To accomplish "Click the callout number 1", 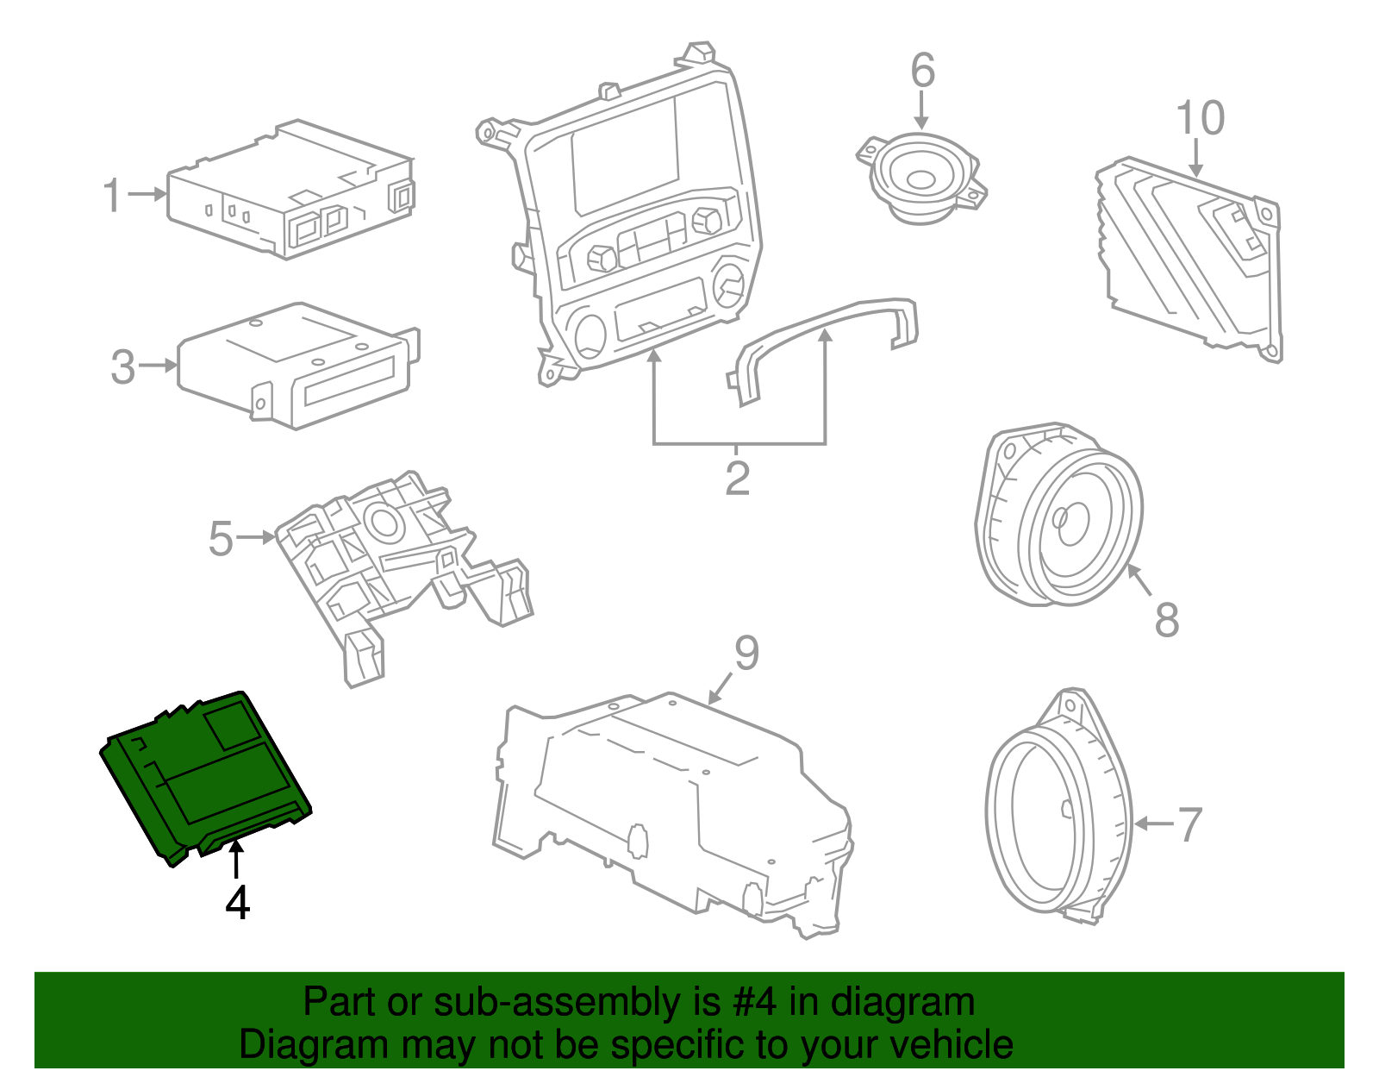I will [x=112, y=196].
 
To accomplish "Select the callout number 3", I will [x=123, y=367].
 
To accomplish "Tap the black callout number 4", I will [x=237, y=903].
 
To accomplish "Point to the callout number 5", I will [x=221, y=539].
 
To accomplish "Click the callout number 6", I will [x=922, y=71].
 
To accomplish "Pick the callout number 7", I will [x=1190, y=824].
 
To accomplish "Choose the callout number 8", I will [x=1167, y=619].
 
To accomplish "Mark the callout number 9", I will [x=746, y=653].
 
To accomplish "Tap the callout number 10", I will [x=1200, y=118].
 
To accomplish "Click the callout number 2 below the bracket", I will [x=737, y=479].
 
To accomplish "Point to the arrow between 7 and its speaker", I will [x=1152, y=824].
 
